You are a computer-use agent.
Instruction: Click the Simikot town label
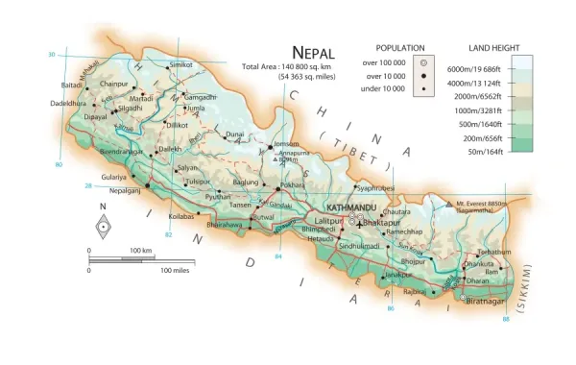pos(181,65)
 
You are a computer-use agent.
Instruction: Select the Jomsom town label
pos(287,144)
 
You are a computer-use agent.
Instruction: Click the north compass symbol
pos(103,227)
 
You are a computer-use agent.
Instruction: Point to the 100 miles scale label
pos(180,271)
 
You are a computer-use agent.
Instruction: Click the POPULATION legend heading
pos(400,47)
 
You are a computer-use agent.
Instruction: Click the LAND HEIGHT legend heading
pos(493,47)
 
